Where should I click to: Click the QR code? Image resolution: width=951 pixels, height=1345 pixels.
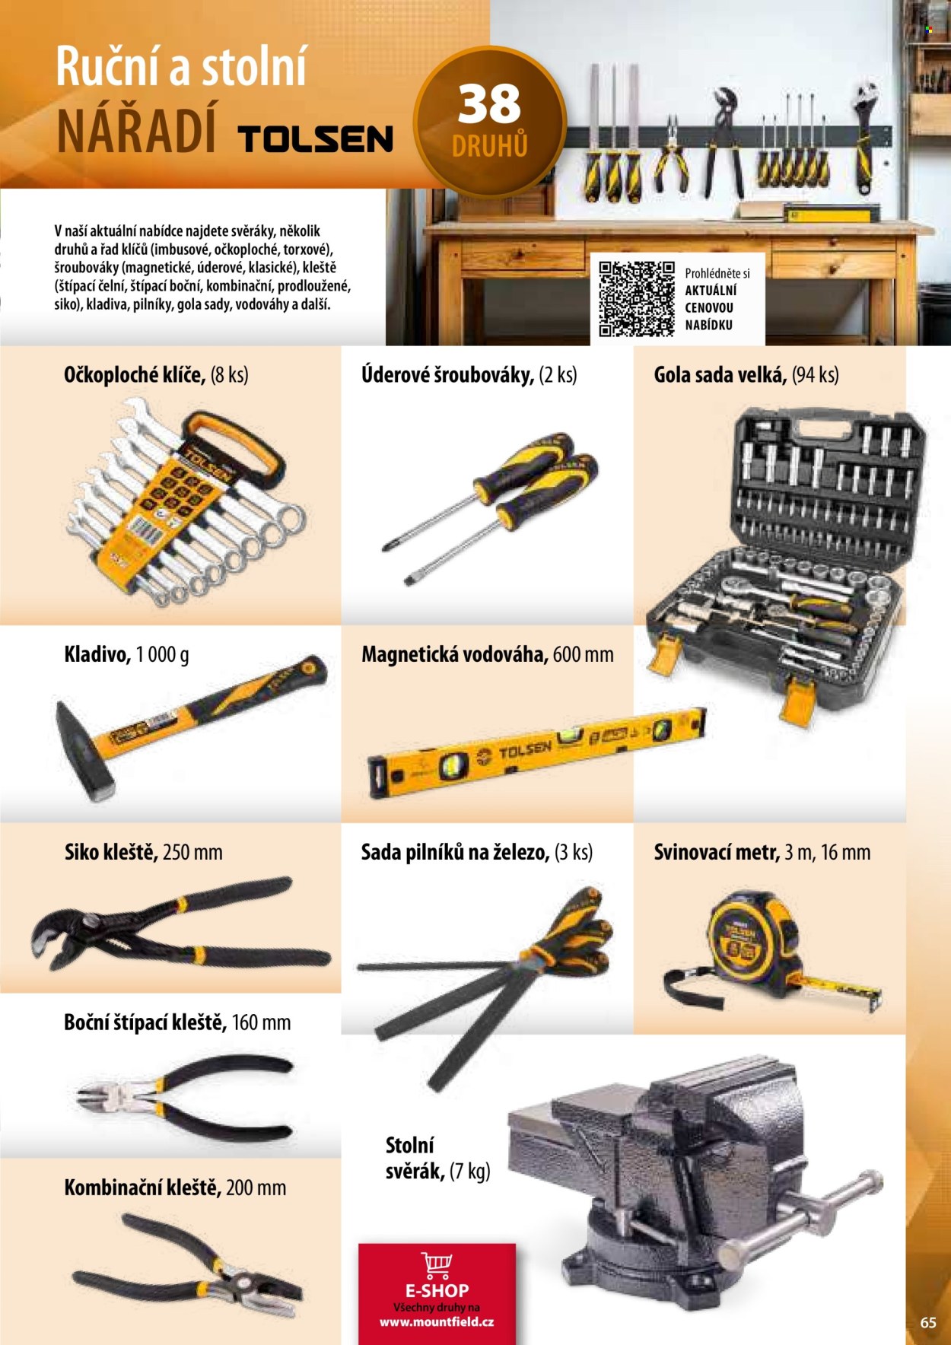click(637, 299)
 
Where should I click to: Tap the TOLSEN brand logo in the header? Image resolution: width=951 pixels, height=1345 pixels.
click(316, 139)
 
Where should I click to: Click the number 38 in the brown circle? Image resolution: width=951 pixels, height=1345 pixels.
click(489, 104)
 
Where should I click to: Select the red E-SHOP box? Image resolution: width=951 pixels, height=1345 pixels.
click(437, 1293)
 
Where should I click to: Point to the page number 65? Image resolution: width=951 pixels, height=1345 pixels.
click(928, 1322)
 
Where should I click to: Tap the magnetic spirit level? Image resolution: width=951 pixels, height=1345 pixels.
click(537, 752)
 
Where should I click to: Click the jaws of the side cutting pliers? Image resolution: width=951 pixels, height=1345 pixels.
click(103, 1096)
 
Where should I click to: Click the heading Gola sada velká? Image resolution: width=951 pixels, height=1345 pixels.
click(720, 374)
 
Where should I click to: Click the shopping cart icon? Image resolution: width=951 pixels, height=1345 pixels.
click(437, 1264)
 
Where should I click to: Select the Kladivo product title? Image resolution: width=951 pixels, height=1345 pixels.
click(97, 654)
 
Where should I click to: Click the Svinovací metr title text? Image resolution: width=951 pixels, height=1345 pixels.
click(717, 852)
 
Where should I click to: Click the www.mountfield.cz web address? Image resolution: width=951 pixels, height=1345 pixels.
click(437, 1321)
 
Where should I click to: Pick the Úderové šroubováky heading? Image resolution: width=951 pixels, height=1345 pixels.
click(447, 374)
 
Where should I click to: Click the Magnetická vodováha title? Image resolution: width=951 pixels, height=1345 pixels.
click(454, 654)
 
